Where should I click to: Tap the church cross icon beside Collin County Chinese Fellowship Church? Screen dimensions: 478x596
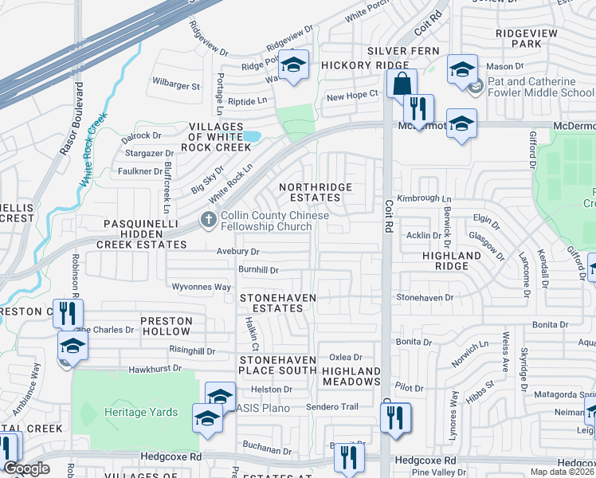click(208, 219)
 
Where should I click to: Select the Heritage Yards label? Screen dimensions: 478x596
click(135, 412)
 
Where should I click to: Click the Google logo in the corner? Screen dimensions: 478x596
click(26, 468)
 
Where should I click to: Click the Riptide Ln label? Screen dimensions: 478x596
click(247, 101)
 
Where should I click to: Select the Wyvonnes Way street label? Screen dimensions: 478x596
click(201, 286)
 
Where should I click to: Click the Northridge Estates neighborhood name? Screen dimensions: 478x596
click(315, 192)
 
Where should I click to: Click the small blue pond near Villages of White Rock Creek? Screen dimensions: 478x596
click(253, 136)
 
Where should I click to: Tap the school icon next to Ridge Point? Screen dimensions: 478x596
click(294, 67)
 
